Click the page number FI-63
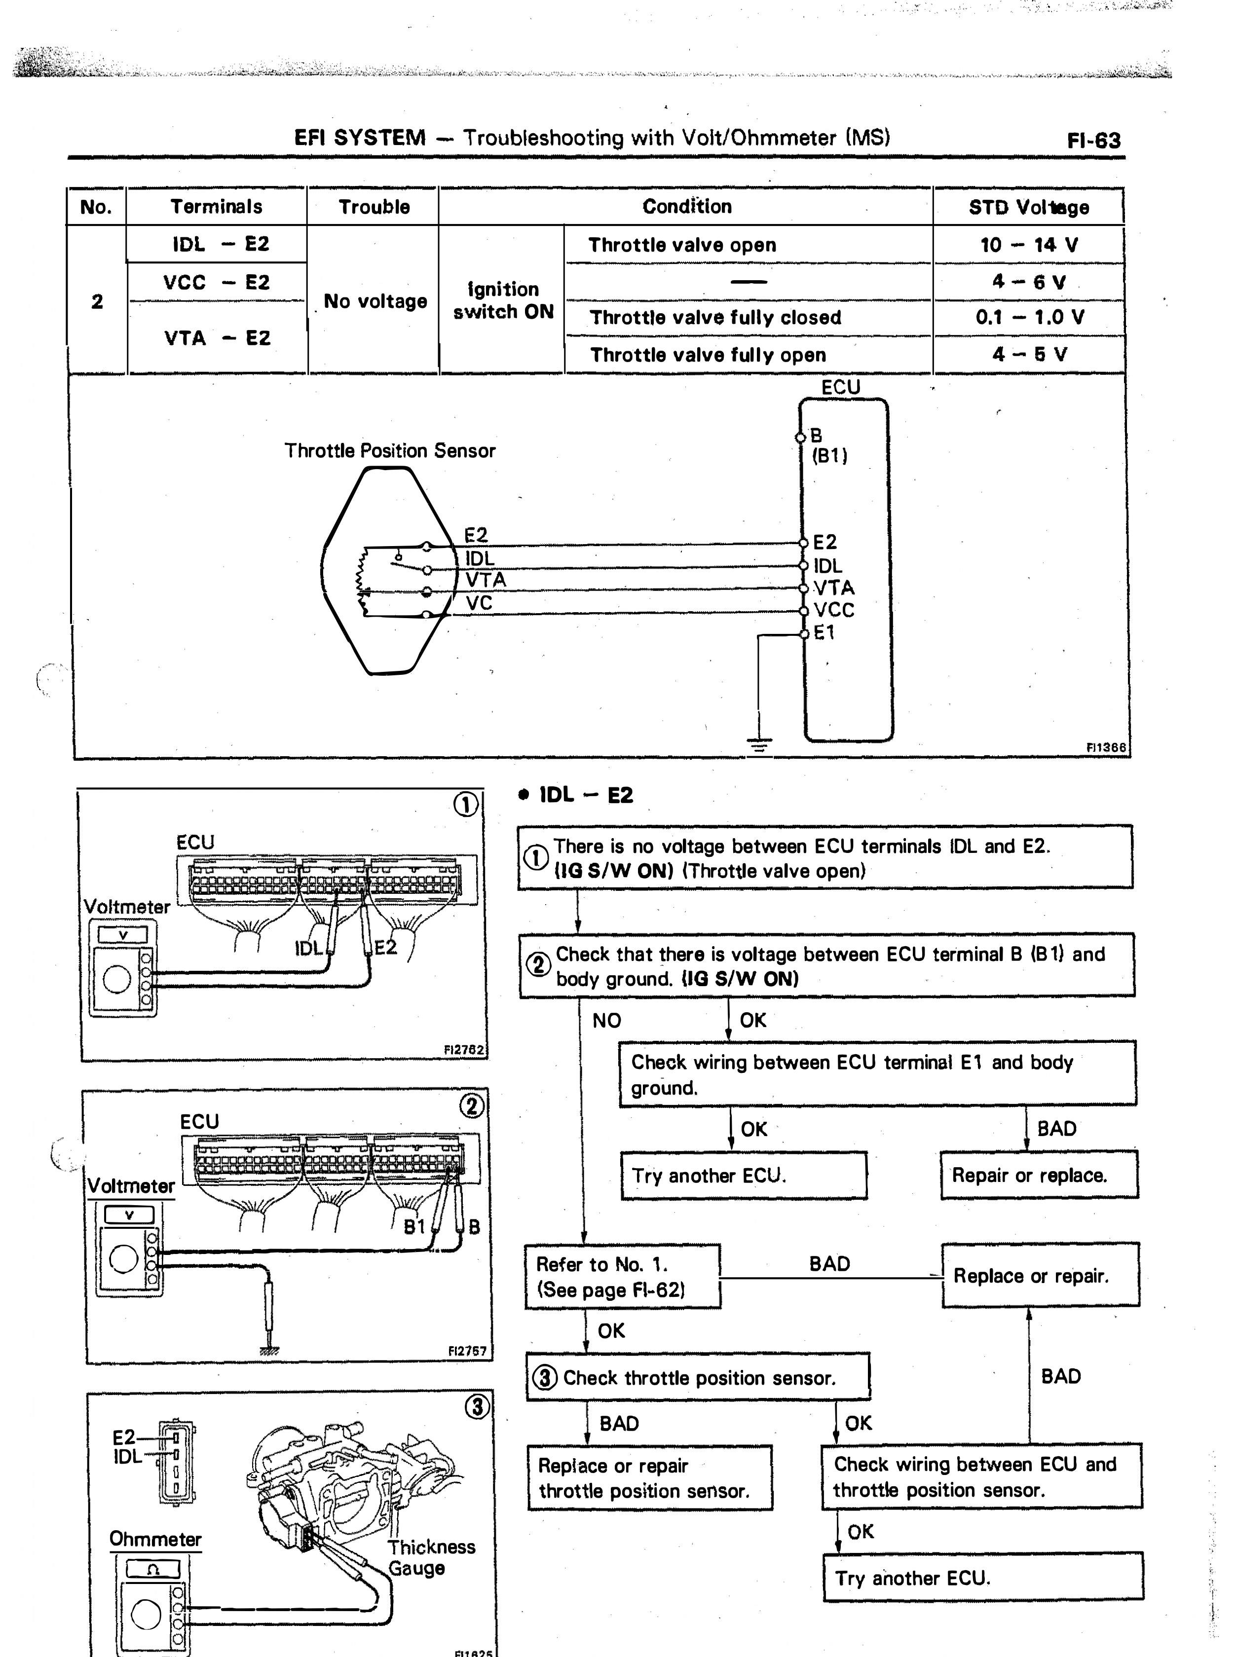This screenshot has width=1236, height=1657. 1094,141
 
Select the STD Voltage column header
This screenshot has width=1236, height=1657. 1029,207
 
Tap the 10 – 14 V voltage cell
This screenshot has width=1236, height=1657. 1029,245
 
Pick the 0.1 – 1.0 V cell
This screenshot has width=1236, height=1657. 1029,317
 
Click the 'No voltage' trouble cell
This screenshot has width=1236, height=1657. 375,301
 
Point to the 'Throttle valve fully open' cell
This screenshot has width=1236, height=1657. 708,355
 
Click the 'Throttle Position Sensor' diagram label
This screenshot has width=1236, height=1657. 390,451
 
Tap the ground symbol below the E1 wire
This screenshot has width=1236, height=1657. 759,744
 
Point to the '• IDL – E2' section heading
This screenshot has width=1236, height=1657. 575,795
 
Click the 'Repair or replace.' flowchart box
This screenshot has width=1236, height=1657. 1039,1175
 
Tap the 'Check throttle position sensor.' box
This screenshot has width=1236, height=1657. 698,1377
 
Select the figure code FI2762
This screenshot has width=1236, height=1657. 465,1050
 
